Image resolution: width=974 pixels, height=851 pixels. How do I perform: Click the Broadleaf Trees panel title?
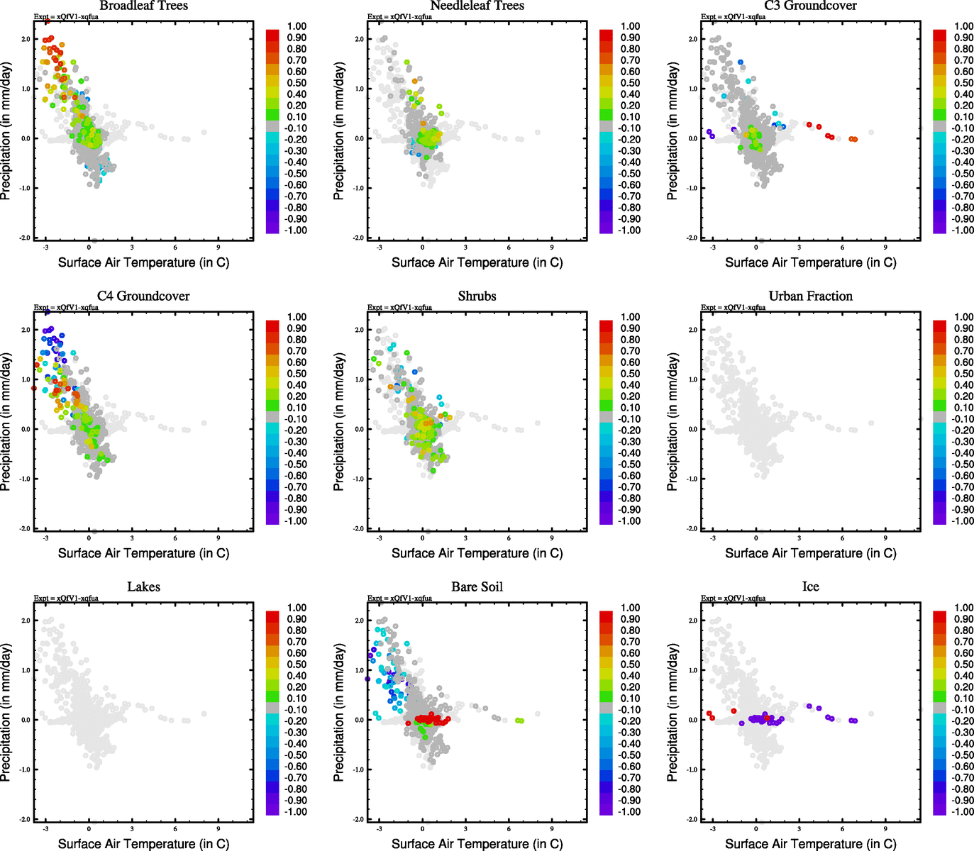pos(143,6)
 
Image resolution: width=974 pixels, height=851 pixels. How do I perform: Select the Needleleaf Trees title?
pos(477,6)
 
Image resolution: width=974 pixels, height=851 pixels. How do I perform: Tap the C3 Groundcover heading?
pos(810,6)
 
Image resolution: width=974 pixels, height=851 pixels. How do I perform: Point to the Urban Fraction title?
pos(810,296)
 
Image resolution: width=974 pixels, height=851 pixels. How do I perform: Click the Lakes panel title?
pos(143,587)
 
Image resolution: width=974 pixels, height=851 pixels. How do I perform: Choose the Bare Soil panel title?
pos(477,587)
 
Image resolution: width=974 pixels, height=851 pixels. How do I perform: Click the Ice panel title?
pos(810,587)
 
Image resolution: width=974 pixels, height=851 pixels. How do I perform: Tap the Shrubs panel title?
pos(477,296)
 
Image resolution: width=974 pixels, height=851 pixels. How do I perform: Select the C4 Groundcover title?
pos(143,296)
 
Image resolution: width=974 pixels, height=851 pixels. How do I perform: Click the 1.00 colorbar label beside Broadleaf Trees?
pos(297,26)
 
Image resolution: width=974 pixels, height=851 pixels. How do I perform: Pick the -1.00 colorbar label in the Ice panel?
pos(962,811)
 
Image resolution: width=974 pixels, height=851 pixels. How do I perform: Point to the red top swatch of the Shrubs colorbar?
pos(606,326)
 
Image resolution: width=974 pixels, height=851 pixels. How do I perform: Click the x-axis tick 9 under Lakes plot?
pos(218,828)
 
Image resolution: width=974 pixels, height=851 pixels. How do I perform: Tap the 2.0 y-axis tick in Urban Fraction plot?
pos(692,330)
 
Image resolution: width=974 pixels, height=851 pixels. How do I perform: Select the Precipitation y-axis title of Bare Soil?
pos(339,713)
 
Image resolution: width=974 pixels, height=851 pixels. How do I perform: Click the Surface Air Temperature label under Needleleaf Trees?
pos(477,262)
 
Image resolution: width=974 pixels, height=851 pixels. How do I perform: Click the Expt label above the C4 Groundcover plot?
pos(66,307)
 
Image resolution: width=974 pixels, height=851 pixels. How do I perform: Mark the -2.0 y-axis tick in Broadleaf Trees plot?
pos(25,238)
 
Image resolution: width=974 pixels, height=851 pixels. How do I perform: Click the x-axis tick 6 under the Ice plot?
pos(842,828)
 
